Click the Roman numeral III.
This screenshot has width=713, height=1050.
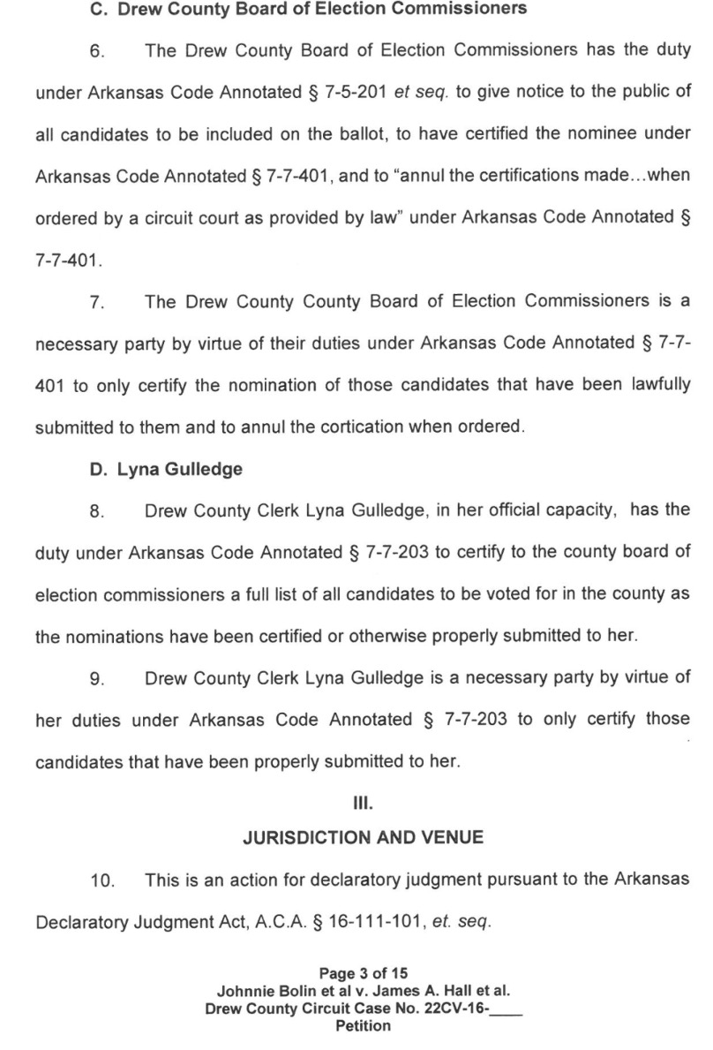(356, 804)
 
